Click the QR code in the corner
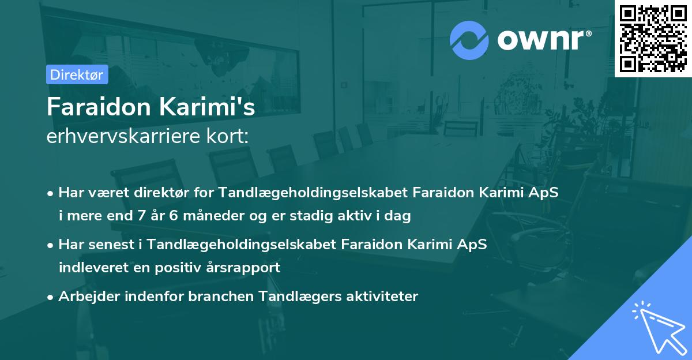click(653, 38)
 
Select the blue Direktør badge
click(77, 74)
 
